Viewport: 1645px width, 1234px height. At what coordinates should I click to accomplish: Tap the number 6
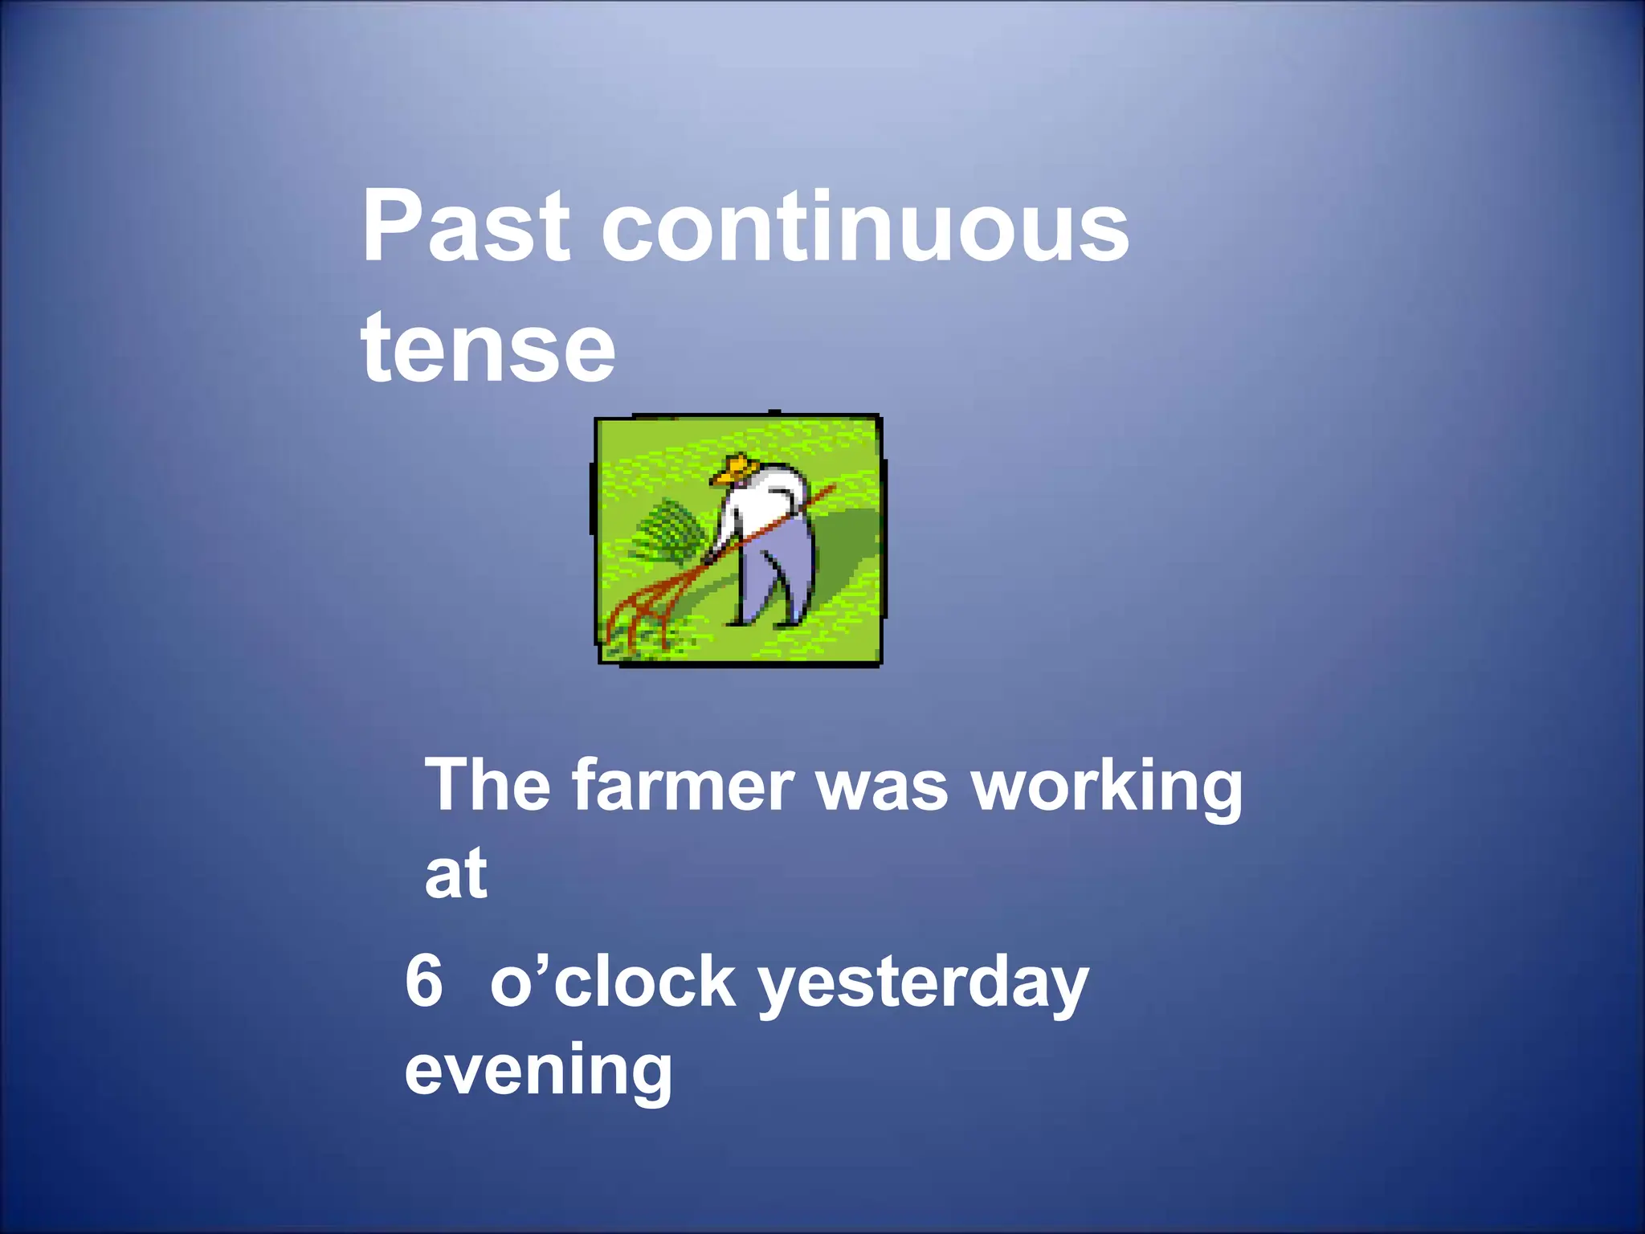424,981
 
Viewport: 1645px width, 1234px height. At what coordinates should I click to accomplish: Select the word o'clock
612,981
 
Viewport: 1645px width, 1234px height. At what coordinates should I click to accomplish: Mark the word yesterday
924,984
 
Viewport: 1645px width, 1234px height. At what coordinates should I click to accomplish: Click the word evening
538,1071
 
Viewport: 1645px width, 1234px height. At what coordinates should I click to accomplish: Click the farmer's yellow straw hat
736,468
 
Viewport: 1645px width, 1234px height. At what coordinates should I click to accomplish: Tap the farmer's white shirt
763,502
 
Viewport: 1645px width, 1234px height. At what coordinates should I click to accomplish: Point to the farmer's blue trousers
775,574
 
